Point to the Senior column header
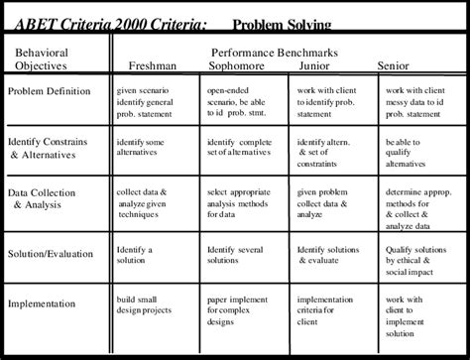[x=394, y=66]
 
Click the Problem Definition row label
[x=50, y=92]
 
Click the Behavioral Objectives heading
[x=43, y=59]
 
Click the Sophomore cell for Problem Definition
[x=236, y=102]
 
